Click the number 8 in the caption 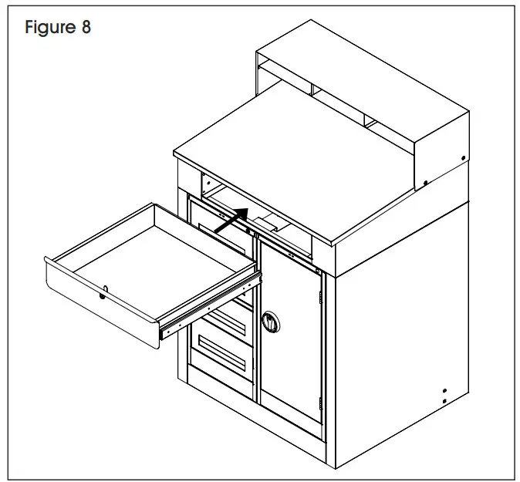[85, 29]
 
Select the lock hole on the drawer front [104, 292]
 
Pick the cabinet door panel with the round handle [289, 324]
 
